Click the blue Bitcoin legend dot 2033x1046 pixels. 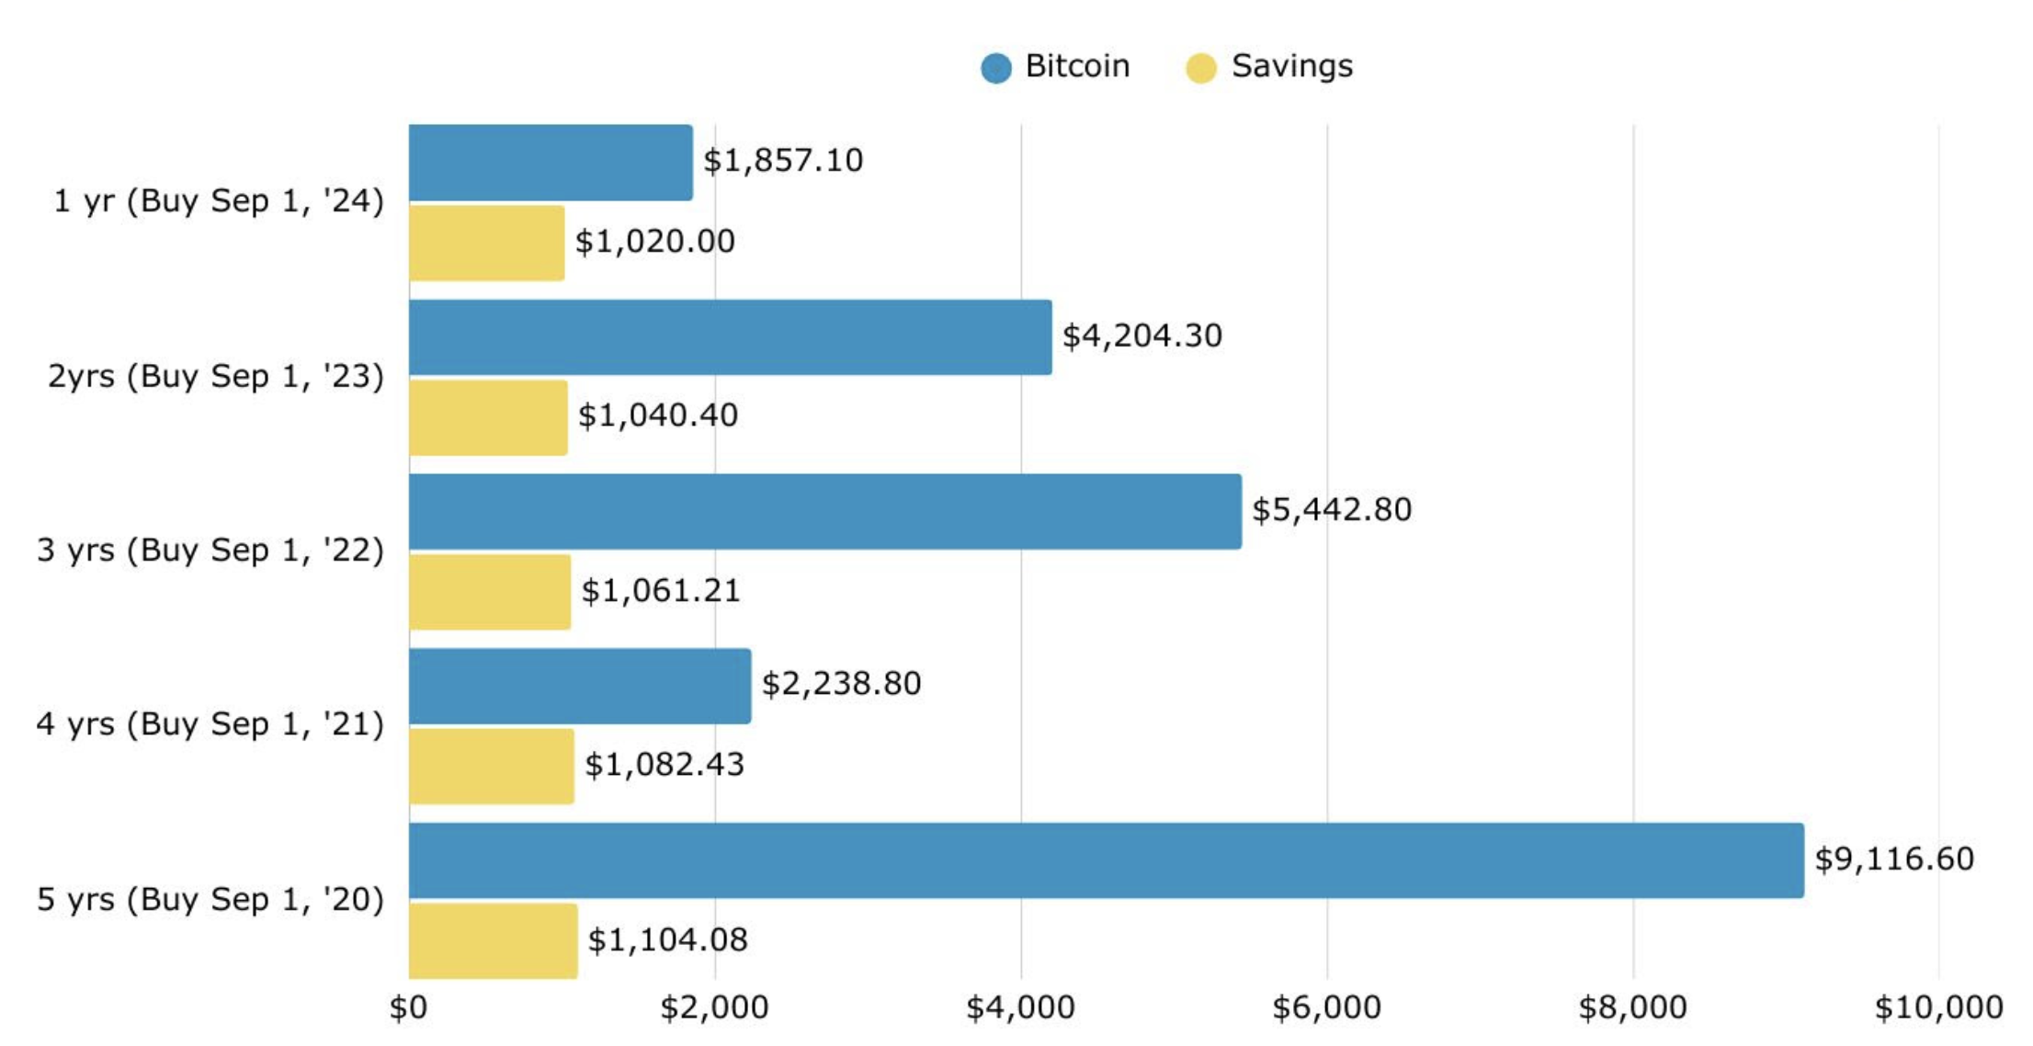point(996,68)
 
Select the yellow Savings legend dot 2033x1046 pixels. point(1201,68)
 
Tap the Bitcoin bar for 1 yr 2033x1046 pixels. point(551,163)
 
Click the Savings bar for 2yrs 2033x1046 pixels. point(488,418)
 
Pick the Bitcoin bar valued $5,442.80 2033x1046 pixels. point(825,512)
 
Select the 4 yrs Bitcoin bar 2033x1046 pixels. point(580,686)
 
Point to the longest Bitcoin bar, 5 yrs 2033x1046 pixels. point(1107,860)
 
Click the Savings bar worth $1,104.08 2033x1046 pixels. point(494,940)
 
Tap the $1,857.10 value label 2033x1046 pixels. point(783,161)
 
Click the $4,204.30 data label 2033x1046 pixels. point(1142,335)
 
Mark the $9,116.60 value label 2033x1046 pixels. point(1894,858)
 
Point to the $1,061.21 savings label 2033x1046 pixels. point(661,590)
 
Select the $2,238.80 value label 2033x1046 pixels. point(841,684)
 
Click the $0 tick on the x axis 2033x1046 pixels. point(408,1008)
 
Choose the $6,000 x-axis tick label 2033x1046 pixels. point(1326,1008)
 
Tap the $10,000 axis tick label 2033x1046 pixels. point(1938,1008)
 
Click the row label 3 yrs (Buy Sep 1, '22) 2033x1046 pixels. point(210,550)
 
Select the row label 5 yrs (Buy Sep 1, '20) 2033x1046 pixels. point(210,899)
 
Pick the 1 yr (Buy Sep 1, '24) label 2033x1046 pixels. point(219,200)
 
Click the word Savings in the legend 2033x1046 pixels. point(1291,66)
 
